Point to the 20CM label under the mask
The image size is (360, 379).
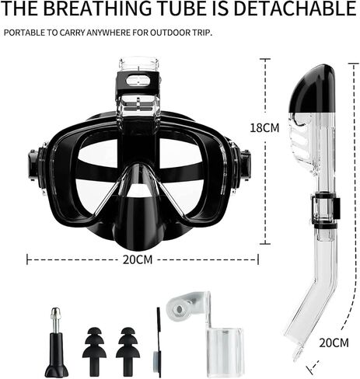click(x=138, y=259)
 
